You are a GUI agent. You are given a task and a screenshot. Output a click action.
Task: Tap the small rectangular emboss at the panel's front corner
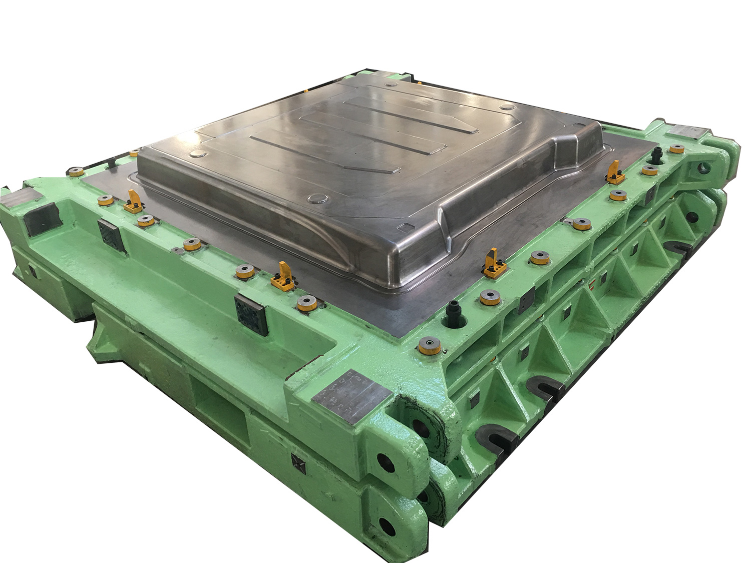(x=403, y=226)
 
